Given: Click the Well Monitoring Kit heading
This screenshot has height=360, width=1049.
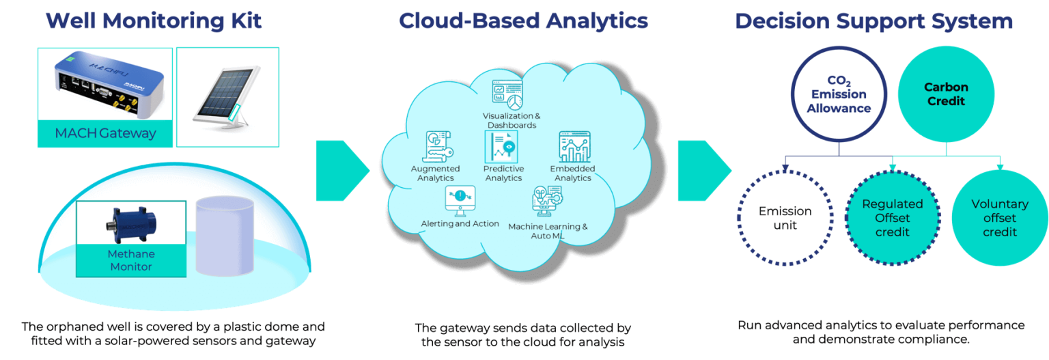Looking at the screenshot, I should click(154, 21).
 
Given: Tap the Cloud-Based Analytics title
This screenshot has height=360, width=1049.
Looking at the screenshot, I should click(523, 21).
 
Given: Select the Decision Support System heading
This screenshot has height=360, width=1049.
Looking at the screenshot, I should click(873, 21).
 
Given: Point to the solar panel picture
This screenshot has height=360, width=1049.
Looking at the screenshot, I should click(227, 96).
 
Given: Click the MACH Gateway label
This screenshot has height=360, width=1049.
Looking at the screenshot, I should click(105, 133).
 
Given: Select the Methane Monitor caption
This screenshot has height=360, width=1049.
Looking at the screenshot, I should click(131, 260).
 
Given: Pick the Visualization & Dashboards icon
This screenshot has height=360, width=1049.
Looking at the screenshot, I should click(507, 94).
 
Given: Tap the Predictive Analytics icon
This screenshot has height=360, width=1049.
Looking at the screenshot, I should click(502, 147).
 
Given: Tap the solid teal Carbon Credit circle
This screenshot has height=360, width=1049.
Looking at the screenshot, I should click(946, 95).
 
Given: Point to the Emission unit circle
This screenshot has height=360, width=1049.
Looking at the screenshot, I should click(785, 218).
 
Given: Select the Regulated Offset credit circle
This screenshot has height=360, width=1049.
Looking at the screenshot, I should click(893, 218).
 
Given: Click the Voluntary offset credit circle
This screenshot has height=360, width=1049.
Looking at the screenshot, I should click(999, 218).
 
